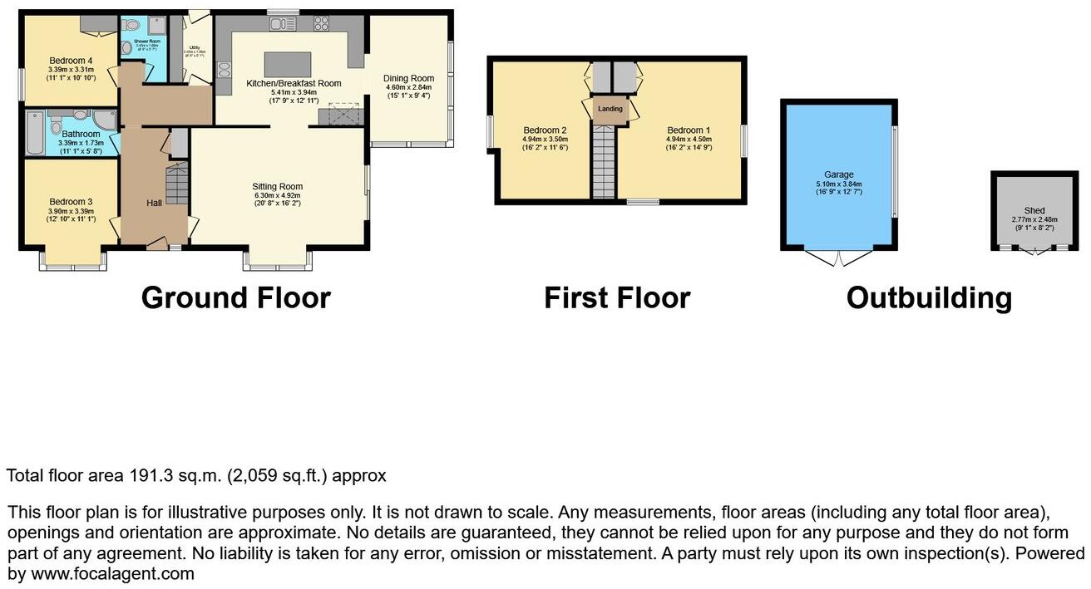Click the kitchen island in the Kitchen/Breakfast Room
tap(288, 63)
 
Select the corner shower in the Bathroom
tap(106, 121)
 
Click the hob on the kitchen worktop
tap(320, 24)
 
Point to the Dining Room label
tap(409, 78)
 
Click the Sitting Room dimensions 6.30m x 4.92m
tap(278, 196)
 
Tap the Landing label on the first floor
tap(610, 109)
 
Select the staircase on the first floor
tap(604, 163)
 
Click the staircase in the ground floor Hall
tap(176, 184)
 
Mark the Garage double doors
tap(840, 257)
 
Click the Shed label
tap(1034, 210)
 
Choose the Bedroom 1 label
tap(689, 130)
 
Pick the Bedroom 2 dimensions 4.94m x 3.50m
tap(545, 139)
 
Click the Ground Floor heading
tap(235, 297)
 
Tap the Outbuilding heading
tap(929, 297)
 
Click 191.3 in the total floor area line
tap(150, 476)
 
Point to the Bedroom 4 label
tap(71, 61)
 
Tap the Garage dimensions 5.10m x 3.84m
tap(839, 184)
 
